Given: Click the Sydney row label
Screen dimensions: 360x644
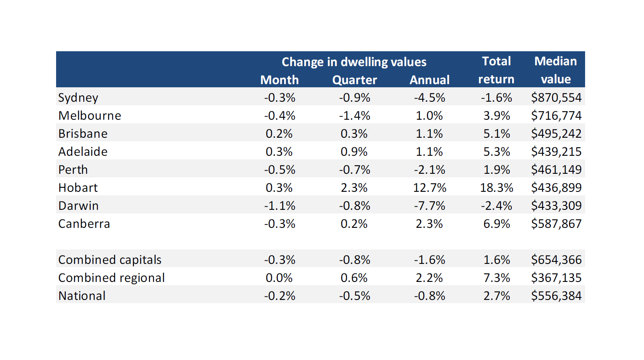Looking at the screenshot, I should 78,98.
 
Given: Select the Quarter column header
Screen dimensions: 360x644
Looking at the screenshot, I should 354,80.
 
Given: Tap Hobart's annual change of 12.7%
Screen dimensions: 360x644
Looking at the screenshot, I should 429,188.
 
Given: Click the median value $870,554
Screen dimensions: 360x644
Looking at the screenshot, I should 556,98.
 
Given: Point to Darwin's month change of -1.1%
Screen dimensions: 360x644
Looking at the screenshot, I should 279,206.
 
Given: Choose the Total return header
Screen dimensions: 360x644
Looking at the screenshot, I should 496,70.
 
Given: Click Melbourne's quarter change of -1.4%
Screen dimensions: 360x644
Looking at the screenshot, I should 354,116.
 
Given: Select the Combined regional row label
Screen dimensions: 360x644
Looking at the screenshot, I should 111,278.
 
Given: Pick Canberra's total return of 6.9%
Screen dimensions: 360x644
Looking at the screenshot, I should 497,224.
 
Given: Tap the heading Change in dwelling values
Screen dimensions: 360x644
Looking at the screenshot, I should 354,62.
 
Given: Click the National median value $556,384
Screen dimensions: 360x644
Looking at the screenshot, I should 556,296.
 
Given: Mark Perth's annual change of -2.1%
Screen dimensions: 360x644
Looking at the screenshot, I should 429,170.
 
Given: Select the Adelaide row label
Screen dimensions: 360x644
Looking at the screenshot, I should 83,152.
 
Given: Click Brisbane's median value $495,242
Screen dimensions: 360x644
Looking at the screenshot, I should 556,134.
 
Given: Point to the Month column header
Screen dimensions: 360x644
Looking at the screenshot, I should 279,80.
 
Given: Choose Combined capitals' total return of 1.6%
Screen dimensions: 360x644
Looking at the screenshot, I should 497,260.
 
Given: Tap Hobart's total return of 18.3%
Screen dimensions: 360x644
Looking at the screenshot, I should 497,188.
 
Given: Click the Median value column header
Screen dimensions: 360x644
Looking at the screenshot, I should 555,70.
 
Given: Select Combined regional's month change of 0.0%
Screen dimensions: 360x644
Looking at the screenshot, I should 279,278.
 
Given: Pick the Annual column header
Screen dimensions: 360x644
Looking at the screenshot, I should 429,80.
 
